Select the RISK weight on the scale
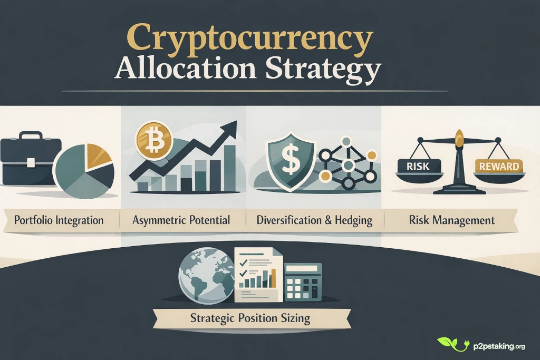point(418,167)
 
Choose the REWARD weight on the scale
point(498,167)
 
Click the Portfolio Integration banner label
point(59,220)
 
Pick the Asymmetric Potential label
point(182,220)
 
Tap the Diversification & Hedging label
point(315,220)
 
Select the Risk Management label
point(452,220)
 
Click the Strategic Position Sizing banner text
point(250,318)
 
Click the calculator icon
point(303,282)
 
